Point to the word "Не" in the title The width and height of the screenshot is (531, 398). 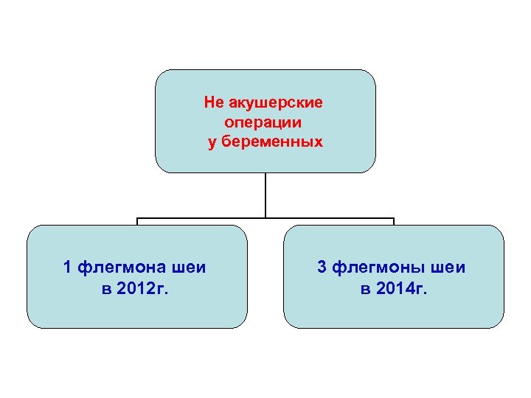point(213,103)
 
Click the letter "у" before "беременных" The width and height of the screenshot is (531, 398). point(213,142)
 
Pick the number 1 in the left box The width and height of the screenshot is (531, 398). point(68,267)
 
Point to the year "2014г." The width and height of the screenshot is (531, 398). point(402,288)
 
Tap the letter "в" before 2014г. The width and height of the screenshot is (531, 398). point(365,288)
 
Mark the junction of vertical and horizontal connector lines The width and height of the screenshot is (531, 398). point(265,218)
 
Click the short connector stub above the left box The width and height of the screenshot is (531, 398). point(137,221)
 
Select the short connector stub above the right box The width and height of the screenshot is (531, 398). point(394,221)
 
